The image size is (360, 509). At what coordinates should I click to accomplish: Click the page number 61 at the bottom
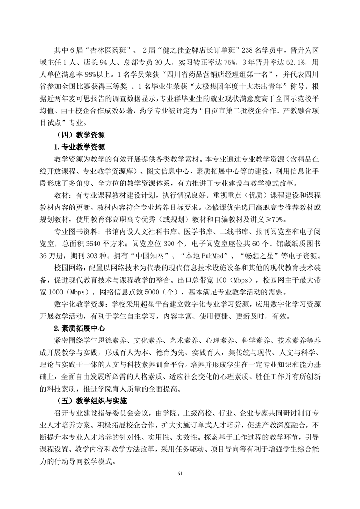180,473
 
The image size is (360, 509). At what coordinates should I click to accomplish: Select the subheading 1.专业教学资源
79,147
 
